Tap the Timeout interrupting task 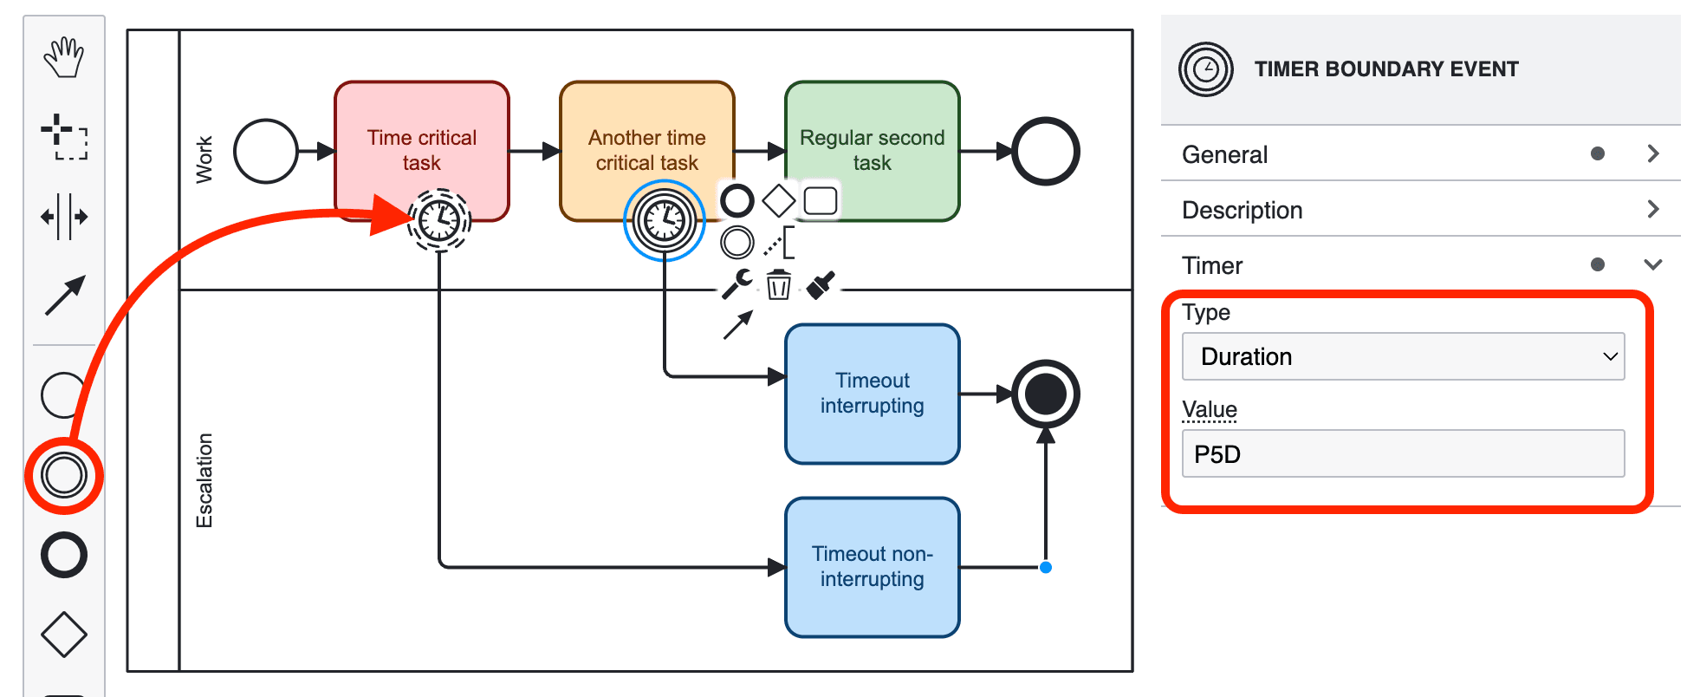click(872, 394)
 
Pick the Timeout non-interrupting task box click(872, 566)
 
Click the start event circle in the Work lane click(266, 152)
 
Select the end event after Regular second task click(1046, 152)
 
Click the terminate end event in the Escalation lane click(1046, 394)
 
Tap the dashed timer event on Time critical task click(439, 220)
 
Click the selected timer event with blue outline click(665, 220)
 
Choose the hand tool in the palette click(64, 58)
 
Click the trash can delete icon click(778, 284)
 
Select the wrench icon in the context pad click(737, 283)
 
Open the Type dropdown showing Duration click(1402, 356)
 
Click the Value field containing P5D click(1402, 453)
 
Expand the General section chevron click(1652, 153)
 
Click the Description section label click(1242, 210)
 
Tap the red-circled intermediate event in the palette click(64, 475)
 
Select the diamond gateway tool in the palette click(64, 635)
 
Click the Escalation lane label click(204, 480)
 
